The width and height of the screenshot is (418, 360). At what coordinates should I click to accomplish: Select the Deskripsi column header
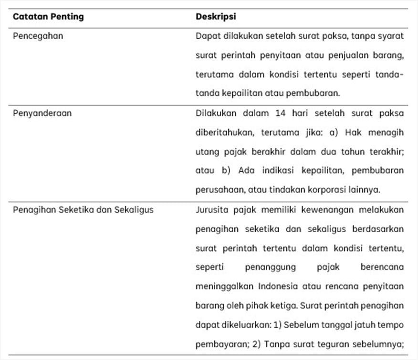pyautogui.click(x=216, y=17)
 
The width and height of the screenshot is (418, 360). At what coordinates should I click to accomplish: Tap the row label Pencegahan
pyautogui.click(x=38, y=36)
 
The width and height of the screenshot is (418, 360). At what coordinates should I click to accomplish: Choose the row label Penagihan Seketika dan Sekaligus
pyautogui.click(x=83, y=209)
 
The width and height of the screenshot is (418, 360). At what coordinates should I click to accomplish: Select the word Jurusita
pyautogui.click(x=211, y=209)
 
